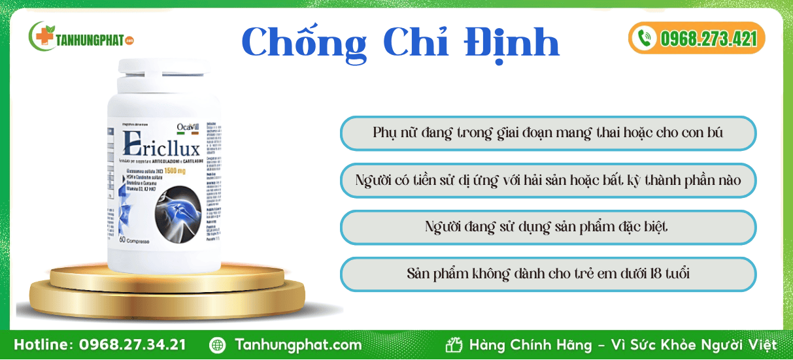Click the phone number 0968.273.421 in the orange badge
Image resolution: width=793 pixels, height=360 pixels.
pyautogui.click(x=708, y=38)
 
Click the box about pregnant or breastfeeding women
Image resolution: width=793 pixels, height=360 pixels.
pyautogui.click(x=548, y=133)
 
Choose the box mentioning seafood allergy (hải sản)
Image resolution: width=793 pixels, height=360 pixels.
pyautogui.click(x=548, y=180)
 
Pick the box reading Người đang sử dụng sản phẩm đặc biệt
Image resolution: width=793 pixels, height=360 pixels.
pyautogui.click(x=548, y=227)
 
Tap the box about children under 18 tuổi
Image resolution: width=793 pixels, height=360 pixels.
pyautogui.click(x=548, y=273)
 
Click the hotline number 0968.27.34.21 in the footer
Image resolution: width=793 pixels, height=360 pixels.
pyautogui.click(x=132, y=345)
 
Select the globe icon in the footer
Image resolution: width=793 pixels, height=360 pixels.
pyautogui.click(x=217, y=345)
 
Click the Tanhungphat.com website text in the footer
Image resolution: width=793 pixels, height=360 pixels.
pyautogui.click(x=298, y=345)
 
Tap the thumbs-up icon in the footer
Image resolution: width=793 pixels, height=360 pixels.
pyautogui.click(x=454, y=345)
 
